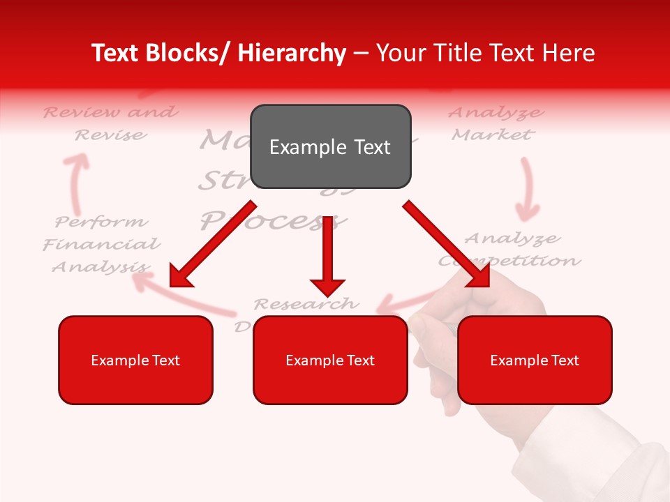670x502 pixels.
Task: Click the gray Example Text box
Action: point(330,146)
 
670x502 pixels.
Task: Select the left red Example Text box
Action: point(135,360)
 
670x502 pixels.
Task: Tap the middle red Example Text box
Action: point(330,360)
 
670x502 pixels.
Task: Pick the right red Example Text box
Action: point(535,360)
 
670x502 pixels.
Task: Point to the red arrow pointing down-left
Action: point(212,244)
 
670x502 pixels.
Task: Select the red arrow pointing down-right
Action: point(447,244)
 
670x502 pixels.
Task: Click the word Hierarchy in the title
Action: point(292,53)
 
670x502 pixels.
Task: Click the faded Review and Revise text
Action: point(110,123)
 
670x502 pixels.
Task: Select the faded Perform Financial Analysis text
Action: point(102,244)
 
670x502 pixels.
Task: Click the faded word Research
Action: point(306,304)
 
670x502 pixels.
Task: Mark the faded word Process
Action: point(272,222)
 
